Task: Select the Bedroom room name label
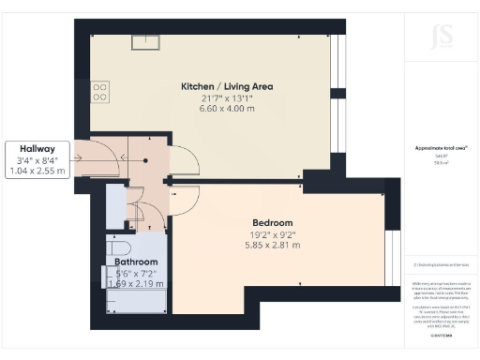272,223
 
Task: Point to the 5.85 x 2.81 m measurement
272,246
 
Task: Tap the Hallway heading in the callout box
36,148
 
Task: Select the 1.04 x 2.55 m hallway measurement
36,172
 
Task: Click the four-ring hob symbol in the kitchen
99,90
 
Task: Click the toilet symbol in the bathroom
117,248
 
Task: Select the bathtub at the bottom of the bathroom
137,300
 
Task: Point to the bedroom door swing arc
187,198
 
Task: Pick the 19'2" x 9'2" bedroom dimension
272,234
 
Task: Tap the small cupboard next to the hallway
116,206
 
